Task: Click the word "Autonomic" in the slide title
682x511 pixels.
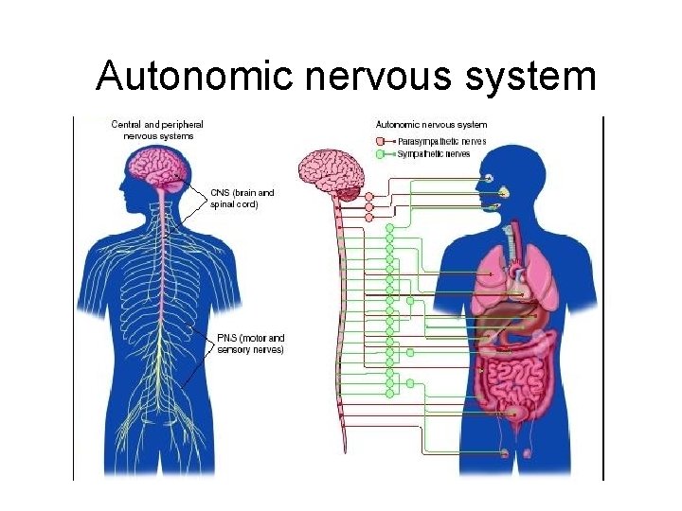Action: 194,76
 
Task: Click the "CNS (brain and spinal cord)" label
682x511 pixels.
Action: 242,198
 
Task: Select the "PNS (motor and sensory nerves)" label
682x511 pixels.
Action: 250,344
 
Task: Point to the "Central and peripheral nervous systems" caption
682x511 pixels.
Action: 157,130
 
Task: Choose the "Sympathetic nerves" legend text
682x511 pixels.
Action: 435,153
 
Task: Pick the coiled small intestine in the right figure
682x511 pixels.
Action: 512,375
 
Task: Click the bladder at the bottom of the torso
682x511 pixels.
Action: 517,414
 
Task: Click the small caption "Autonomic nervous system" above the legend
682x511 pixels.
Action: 432,124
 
